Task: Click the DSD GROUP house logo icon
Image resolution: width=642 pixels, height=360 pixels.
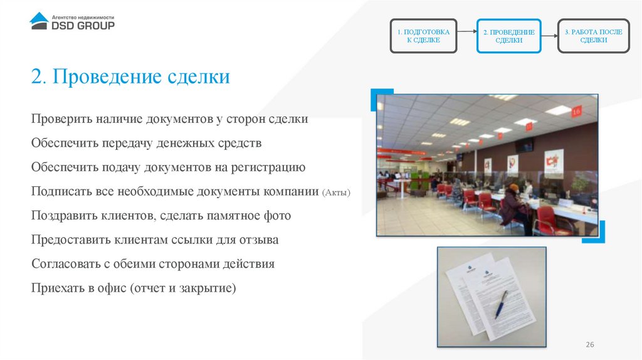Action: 39,21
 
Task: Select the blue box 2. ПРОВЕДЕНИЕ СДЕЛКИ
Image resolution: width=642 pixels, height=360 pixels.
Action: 508,36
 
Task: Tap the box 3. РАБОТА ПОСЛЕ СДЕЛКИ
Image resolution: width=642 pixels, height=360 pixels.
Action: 593,35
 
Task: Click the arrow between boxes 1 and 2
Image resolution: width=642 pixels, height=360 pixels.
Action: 466,36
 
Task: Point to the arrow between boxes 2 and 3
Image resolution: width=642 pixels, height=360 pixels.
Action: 550,36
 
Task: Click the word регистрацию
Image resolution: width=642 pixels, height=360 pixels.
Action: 270,167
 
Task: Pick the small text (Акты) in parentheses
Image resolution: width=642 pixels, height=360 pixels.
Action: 336,192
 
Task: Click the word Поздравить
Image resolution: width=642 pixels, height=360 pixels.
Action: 61,216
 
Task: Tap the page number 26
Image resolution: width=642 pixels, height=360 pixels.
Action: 589,345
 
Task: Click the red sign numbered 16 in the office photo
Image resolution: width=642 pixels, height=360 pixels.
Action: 577,110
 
